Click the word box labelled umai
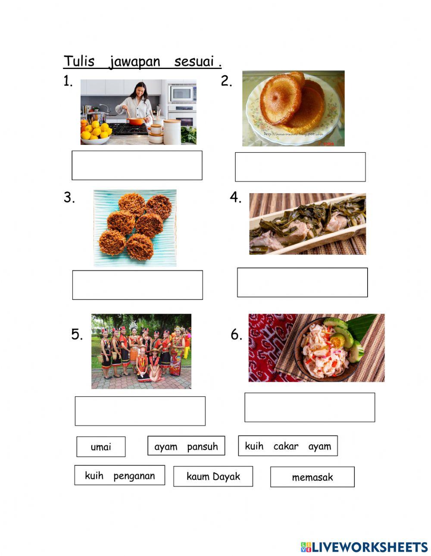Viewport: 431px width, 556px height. [x=101, y=446]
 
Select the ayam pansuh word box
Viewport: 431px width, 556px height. [x=186, y=446]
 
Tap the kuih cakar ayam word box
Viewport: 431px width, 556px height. [x=288, y=446]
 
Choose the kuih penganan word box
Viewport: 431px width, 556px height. [x=120, y=475]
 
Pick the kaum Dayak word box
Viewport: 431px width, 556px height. [x=213, y=476]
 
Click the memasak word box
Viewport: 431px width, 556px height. [x=312, y=477]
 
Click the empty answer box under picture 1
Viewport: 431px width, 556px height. [x=137, y=165]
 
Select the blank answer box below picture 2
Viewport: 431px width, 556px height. [x=300, y=167]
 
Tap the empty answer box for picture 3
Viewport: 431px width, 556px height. [x=137, y=285]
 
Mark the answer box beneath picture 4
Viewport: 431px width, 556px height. [x=302, y=282]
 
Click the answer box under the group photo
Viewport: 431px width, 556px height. [x=140, y=411]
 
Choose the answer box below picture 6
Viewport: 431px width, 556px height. [x=309, y=407]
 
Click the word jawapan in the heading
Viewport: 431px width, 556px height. [x=134, y=62]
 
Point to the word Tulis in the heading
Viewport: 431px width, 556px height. [x=79, y=61]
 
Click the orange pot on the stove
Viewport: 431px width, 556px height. [x=135, y=121]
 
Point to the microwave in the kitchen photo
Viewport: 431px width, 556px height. [x=182, y=93]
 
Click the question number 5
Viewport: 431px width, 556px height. [x=77, y=334]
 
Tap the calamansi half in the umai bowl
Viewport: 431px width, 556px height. [x=337, y=342]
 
